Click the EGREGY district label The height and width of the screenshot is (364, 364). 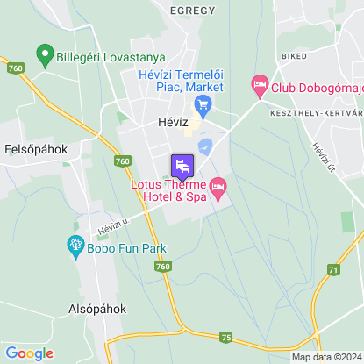[194, 10]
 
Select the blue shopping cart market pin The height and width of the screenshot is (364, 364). [204, 107]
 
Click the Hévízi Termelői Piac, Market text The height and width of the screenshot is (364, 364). [182, 81]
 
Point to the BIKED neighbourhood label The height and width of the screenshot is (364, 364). [294, 54]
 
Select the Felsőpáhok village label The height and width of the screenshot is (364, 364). [36, 148]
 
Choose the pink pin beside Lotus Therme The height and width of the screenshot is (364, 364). [218, 188]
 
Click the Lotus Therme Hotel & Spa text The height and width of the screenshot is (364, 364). [168, 191]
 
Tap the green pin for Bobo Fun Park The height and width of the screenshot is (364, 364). [74, 244]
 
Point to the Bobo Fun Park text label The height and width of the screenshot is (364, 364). [126, 248]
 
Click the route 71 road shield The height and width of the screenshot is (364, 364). [332, 269]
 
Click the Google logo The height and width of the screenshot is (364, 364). [29, 353]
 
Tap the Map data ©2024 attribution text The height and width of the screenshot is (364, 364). [326, 357]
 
